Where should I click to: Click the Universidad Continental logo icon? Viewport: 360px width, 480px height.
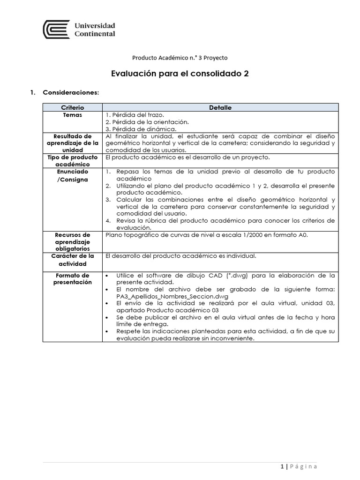pyautogui.click(x=56, y=30)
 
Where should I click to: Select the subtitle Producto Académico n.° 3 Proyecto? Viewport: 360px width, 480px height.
pyautogui.click(x=180, y=58)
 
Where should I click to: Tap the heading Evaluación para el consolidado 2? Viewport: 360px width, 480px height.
pyautogui.click(x=180, y=74)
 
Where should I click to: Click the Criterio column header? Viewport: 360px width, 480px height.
pyautogui.click(x=72, y=107)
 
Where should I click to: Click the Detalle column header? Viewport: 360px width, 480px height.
pyautogui.click(x=220, y=107)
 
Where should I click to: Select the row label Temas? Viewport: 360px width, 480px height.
pyautogui.click(x=72, y=114)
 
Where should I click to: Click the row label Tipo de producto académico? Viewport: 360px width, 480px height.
pyautogui.click(x=72, y=160)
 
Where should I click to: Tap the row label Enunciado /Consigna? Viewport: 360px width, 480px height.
pyautogui.click(x=72, y=176)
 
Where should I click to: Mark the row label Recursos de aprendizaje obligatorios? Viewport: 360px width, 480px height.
pyautogui.click(x=72, y=241)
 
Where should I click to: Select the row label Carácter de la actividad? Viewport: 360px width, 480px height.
pyautogui.click(x=72, y=260)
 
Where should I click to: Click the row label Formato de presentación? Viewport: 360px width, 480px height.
pyautogui.click(x=72, y=279)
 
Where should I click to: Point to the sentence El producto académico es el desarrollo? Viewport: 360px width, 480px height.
pyautogui.click(x=187, y=157)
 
